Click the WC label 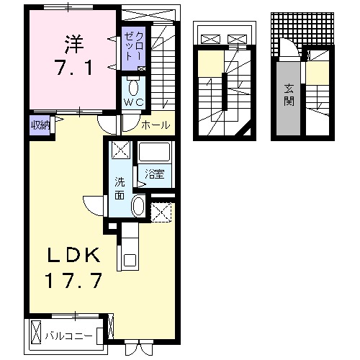(x=132, y=103)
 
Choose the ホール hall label (x=156, y=125)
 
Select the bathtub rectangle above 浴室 (x=153, y=153)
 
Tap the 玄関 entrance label (x=288, y=94)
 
